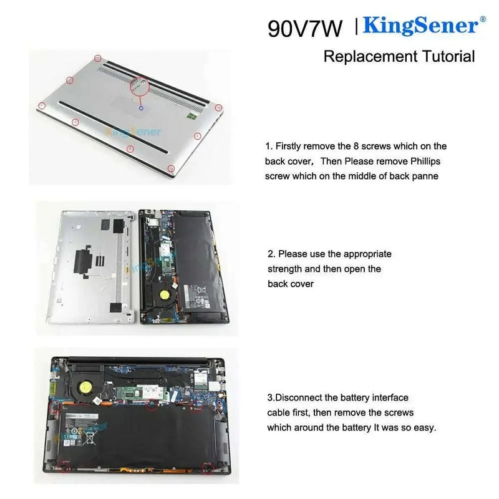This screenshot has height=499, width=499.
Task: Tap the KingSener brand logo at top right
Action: (420, 26)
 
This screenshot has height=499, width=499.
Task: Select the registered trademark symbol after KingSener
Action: (482, 20)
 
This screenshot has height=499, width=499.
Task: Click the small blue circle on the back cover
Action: (141, 109)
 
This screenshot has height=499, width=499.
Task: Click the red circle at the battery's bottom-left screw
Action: (64, 465)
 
